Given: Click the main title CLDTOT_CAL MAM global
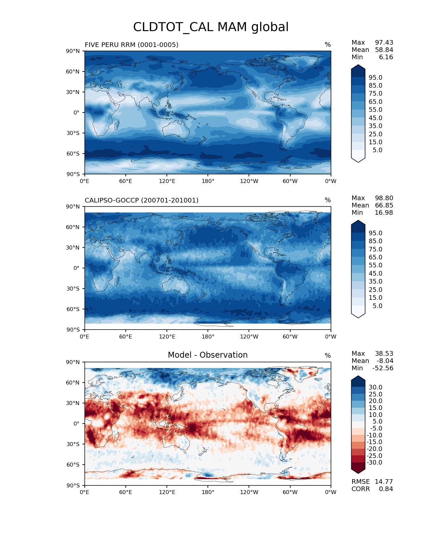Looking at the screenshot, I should click(211, 27).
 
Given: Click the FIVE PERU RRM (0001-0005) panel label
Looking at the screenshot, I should click(131, 45).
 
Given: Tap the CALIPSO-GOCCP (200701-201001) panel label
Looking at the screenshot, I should click(142, 200).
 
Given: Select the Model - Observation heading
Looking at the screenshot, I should click(208, 355).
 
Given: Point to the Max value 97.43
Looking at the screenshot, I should click(384, 43).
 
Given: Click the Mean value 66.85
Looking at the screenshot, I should click(384, 205).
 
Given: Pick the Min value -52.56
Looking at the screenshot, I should click(383, 368).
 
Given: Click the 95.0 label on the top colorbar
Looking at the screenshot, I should click(375, 77).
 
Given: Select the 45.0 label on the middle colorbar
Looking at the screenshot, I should click(375, 273).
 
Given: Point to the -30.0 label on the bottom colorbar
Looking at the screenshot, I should click(374, 462).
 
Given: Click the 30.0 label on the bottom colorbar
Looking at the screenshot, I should click(375, 387).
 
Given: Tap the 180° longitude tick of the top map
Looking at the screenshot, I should click(208, 181).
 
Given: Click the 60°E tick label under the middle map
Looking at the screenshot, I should click(125, 337).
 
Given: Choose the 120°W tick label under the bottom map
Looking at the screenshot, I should click(249, 492).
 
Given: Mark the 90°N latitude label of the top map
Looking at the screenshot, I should click(73, 51).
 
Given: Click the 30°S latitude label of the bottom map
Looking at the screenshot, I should click(73, 444).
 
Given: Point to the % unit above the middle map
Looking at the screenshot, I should click(328, 200).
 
